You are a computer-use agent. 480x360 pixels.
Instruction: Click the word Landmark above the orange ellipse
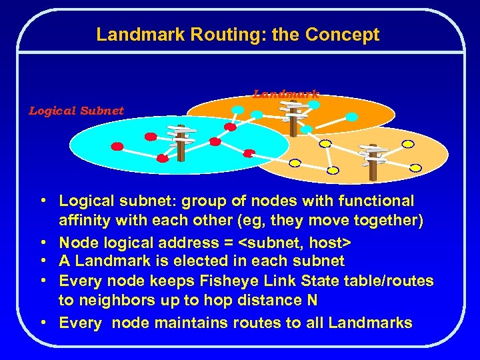(286, 94)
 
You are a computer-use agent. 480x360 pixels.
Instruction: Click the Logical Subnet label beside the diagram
(76, 111)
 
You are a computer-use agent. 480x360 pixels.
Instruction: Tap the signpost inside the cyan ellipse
(181, 141)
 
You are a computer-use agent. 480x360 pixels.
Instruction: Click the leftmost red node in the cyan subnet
(117, 147)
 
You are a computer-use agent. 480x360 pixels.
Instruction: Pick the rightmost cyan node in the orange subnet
(352, 117)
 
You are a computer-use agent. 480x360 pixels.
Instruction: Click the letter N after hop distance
(312, 301)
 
